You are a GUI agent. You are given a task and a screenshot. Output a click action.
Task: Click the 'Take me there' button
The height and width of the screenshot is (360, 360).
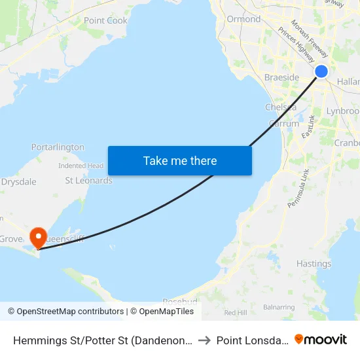(179, 160)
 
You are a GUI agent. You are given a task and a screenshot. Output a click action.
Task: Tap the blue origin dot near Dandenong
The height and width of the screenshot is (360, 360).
(321, 71)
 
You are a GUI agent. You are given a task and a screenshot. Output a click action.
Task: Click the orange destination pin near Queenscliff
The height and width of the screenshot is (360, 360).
(39, 237)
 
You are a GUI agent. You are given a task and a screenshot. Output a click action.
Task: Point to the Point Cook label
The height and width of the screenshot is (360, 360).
(105, 20)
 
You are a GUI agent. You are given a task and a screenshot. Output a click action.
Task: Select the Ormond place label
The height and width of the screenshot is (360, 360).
(243, 19)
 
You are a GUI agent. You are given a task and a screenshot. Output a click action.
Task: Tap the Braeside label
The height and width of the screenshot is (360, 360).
(281, 77)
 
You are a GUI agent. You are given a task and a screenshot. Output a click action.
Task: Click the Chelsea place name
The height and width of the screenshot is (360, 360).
(281, 107)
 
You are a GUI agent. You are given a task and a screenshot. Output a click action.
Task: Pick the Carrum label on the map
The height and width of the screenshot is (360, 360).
(284, 123)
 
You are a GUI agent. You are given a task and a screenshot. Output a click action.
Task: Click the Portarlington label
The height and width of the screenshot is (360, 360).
(58, 147)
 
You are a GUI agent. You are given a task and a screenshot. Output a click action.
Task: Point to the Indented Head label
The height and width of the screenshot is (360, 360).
(81, 166)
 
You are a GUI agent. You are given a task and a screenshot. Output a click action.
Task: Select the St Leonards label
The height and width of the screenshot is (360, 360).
(88, 180)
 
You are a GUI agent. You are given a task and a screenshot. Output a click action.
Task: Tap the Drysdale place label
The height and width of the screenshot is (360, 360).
(18, 181)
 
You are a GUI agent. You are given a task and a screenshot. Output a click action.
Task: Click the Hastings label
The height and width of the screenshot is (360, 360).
(314, 264)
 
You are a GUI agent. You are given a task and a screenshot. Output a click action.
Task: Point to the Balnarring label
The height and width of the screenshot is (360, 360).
(279, 306)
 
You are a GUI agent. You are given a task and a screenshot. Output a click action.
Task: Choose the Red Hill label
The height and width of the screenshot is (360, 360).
(235, 313)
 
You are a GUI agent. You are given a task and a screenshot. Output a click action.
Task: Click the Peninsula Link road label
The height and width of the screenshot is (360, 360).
(298, 189)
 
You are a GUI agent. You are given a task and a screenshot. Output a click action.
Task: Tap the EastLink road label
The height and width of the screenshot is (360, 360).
(308, 126)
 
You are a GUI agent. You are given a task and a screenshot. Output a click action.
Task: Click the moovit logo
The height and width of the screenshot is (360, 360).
(321, 339)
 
